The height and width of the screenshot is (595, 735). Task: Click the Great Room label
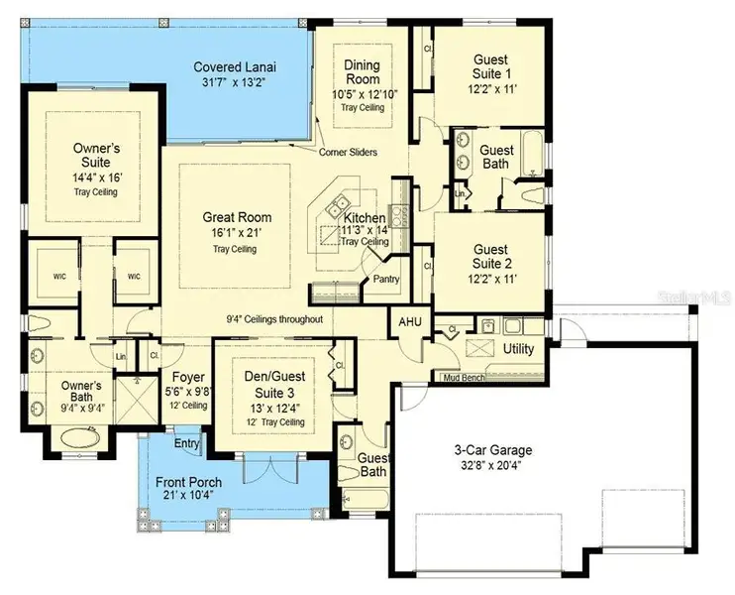click(237, 217)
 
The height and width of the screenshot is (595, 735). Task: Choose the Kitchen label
click(365, 217)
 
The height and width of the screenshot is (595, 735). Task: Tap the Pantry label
click(385, 280)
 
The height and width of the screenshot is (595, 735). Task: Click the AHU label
click(410, 323)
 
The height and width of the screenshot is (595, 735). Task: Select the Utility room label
click(518, 350)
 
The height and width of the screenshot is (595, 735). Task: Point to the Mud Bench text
click(464, 378)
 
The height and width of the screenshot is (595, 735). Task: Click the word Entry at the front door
click(186, 442)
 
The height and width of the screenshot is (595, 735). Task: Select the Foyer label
click(188, 377)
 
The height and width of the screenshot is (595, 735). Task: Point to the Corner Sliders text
click(347, 153)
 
